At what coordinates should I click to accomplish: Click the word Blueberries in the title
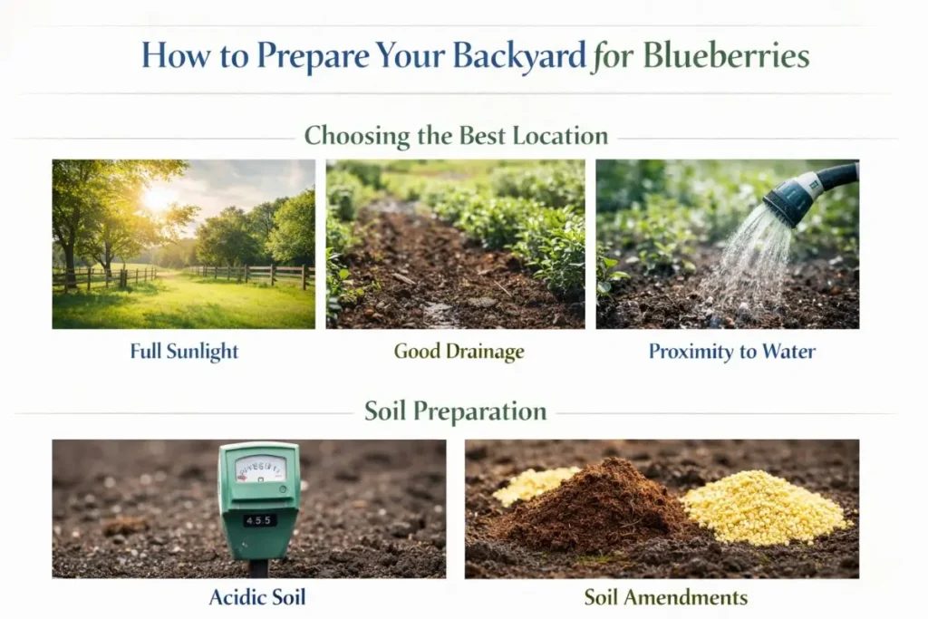pos(726,56)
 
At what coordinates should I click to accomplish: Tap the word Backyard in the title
pos(519,57)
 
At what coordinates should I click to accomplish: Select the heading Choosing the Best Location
pos(456,136)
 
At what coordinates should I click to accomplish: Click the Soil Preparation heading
pos(455,411)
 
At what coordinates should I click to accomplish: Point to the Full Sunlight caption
pos(184,352)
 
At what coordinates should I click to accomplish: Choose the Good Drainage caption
pos(459,352)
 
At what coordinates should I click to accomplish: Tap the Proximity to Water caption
pos(732,352)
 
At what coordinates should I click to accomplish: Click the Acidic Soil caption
pos(257,597)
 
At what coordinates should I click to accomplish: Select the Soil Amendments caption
pos(666,597)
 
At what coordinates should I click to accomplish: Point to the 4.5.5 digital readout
pos(259,521)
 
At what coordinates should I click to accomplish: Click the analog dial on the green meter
pos(260,469)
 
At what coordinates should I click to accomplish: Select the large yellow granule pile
pos(765,508)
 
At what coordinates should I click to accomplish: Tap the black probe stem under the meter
pos(258,568)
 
